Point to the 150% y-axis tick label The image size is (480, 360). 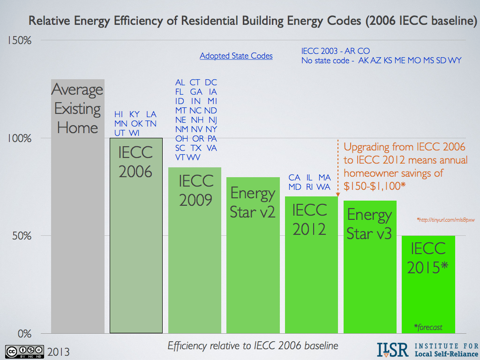pos(19,40)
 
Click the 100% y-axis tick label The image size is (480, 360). pos(19,138)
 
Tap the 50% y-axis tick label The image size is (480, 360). pos(21,236)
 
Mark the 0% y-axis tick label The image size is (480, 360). pos(23,333)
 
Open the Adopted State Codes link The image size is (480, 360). pos(236,56)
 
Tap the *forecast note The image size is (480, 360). pos(428,327)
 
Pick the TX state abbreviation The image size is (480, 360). pos(196,148)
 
